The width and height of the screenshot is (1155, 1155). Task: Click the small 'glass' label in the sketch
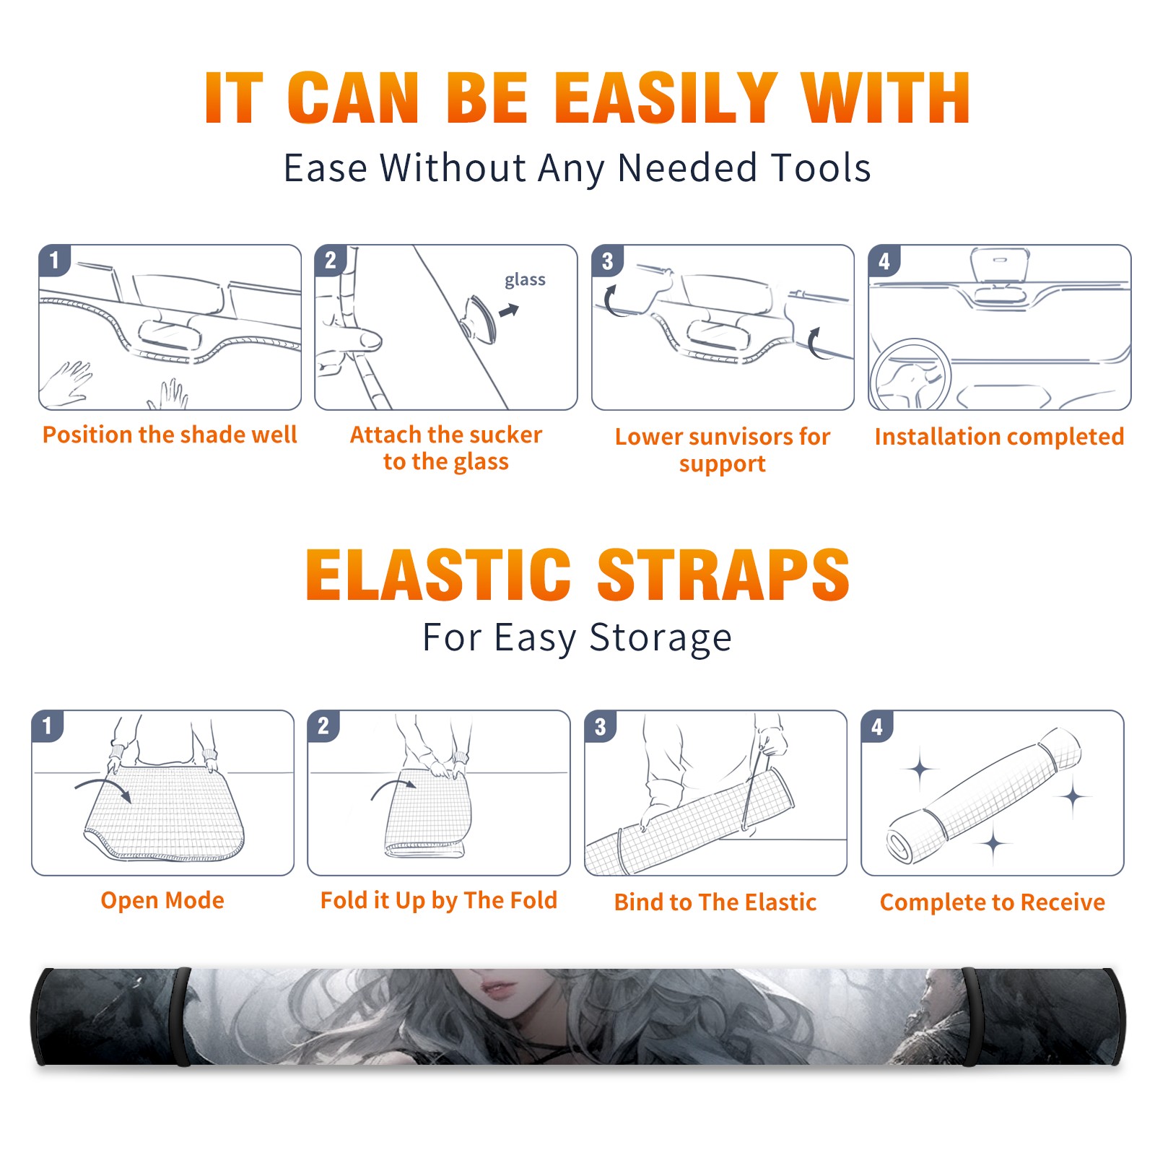525,280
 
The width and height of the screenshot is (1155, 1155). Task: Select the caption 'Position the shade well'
170,435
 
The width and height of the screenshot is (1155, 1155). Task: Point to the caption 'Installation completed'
999,436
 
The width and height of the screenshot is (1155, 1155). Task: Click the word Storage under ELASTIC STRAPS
661,638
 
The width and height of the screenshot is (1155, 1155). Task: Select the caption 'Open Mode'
162,900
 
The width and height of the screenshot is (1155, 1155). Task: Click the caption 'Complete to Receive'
993,902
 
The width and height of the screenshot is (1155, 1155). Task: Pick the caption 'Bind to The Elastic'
715,902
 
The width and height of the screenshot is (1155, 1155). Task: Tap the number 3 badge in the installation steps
607,261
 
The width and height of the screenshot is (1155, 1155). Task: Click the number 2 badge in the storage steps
323,725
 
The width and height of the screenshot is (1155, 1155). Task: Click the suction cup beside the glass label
479,318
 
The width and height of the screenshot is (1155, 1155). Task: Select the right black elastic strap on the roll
971,1016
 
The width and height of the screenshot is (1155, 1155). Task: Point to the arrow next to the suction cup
509,310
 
